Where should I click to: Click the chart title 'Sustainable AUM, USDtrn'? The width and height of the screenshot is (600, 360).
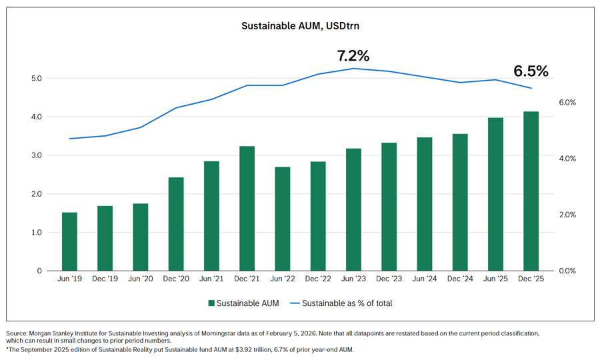pos(299,27)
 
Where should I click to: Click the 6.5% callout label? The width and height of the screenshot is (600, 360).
pos(531,71)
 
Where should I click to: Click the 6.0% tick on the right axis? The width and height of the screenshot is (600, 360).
pos(567,103)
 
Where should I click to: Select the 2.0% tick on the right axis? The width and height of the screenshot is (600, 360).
pos(567,215)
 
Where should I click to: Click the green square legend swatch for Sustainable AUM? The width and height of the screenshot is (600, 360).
pos(211,303)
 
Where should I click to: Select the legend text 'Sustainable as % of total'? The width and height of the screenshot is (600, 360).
pos(347,303)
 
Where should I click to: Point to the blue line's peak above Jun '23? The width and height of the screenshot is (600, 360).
pos(353,68)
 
